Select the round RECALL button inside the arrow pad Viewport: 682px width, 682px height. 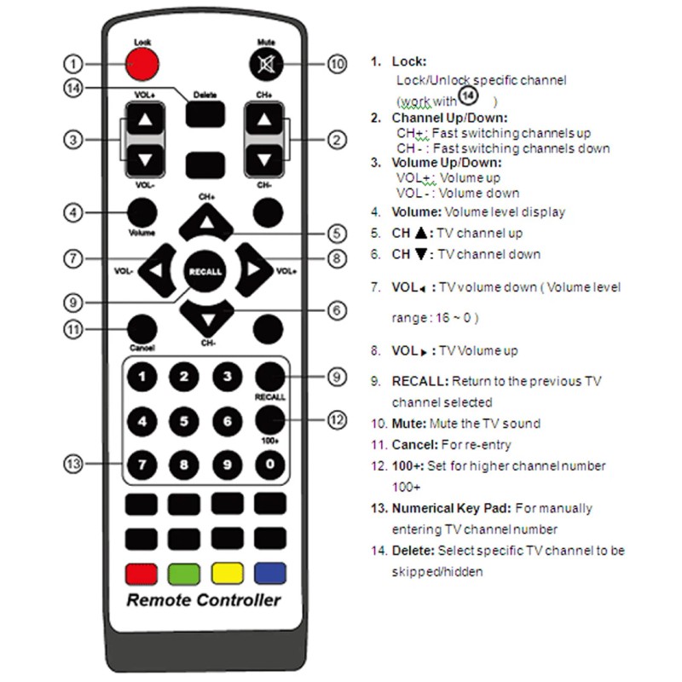205,271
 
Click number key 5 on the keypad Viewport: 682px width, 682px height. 183,420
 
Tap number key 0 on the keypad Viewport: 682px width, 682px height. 269,465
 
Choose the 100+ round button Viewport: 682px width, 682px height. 269,419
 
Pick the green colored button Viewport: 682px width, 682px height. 184,573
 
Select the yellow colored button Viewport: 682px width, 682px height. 227,573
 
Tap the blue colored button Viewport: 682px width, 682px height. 269,573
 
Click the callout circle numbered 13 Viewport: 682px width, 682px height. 74,464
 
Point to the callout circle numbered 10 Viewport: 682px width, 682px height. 338,64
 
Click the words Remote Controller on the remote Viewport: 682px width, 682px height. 204,600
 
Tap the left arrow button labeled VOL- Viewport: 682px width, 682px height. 157,271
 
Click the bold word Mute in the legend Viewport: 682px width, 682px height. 409,423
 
